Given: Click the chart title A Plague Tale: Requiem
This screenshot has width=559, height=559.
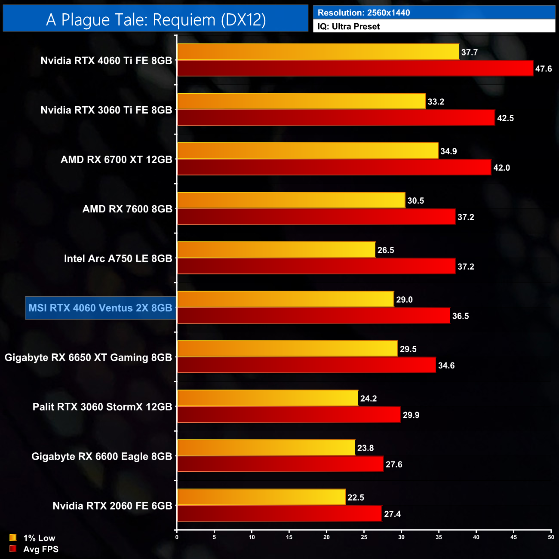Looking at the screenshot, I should (156, 20).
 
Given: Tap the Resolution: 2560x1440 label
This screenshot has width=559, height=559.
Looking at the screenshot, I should (364, 12).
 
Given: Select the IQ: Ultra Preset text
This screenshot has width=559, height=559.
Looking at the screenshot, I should (349, 27).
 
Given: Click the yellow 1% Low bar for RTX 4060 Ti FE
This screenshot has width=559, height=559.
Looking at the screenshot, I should (318, 52).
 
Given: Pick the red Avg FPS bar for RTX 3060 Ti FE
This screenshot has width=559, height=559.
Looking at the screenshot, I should (336, 118).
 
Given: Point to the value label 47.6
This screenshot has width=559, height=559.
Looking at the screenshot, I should (544, 69).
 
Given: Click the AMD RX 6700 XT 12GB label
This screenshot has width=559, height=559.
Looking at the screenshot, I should (117, 160).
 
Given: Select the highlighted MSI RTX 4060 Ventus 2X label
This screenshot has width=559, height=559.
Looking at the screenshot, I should (100, 308).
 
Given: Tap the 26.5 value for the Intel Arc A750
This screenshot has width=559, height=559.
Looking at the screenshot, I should (386, 250).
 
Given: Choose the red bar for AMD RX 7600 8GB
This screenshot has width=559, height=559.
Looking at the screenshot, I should (316, 217).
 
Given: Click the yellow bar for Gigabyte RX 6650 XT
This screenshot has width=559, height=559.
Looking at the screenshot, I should (287, 349).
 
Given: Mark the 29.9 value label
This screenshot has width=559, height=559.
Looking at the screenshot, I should (411, 415).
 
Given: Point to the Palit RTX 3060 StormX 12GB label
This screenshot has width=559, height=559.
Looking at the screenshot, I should (102, 407).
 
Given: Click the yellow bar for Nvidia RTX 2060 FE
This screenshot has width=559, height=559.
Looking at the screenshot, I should (261, 497).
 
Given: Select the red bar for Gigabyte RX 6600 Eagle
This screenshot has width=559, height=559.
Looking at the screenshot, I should (280, 464).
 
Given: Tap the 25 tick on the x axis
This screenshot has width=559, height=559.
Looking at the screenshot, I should (364, 537).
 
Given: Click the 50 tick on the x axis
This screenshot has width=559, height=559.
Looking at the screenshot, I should (551, 537).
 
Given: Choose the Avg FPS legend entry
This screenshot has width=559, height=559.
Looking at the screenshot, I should (34, 549).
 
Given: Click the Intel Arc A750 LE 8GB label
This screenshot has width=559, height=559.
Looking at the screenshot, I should (118, 258).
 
